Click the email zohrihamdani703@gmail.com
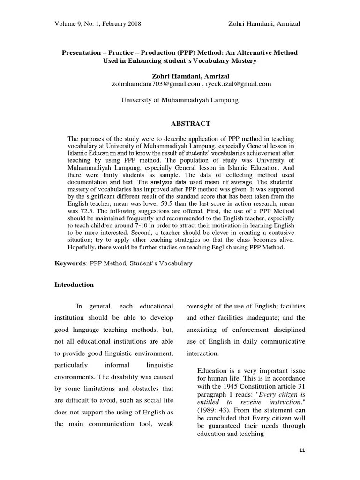click(x=150, y=84)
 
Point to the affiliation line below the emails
click(x=180, y=100)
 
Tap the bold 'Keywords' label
click(x=69, y=263)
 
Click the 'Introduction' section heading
click(x=74, y=285)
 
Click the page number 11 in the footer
click(x=302, y=450)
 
